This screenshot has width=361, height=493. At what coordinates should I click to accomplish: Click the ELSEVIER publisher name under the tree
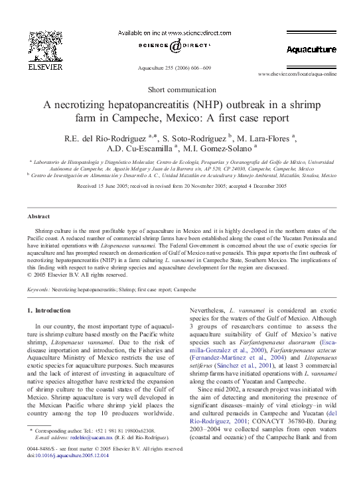point(41,66)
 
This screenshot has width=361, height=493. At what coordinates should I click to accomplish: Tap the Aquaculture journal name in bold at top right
point(311,50)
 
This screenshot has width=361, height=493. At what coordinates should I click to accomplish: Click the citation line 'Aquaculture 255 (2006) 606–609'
point(174,68)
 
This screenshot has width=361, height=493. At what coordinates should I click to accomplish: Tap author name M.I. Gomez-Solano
point(220,149)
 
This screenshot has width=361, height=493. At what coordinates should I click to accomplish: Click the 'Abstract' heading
point(38,216)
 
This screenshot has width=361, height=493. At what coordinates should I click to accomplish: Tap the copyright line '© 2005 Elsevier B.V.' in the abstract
point(76,274)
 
